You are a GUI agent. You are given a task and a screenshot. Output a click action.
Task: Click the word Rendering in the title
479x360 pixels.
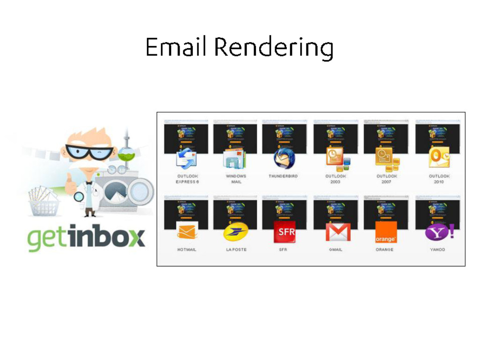pos(274,48)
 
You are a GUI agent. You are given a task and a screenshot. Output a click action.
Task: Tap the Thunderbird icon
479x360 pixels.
pos(284,158)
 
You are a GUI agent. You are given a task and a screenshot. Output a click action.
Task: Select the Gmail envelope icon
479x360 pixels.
pos(338,232)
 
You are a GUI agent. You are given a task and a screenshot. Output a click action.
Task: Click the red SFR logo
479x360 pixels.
pos(284,232)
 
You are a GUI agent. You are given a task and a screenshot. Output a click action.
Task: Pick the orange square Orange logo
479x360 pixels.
pos(386,232)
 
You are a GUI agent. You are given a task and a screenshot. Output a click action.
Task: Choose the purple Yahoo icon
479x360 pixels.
pos(439,232)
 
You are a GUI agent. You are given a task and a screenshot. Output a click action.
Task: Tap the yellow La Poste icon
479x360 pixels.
pos(235,232)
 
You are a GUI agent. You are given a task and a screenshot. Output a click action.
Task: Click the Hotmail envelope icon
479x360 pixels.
pos(187,231)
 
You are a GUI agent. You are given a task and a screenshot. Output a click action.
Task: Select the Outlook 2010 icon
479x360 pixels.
pos(439,158)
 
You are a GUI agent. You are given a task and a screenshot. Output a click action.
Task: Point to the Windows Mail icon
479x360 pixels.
pos(235,159)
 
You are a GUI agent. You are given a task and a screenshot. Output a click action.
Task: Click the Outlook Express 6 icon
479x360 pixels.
pos(186,159)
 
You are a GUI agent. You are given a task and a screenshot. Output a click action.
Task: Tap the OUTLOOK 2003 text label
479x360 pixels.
pos(335,179)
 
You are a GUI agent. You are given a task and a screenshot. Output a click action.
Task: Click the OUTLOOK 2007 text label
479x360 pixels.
pos(386,179)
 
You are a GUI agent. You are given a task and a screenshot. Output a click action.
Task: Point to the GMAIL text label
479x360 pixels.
pos(335,250)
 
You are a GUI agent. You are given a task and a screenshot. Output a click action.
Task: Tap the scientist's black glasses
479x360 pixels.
pos(89,152)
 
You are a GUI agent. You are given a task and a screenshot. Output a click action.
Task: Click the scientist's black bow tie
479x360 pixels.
pos(89,183)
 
